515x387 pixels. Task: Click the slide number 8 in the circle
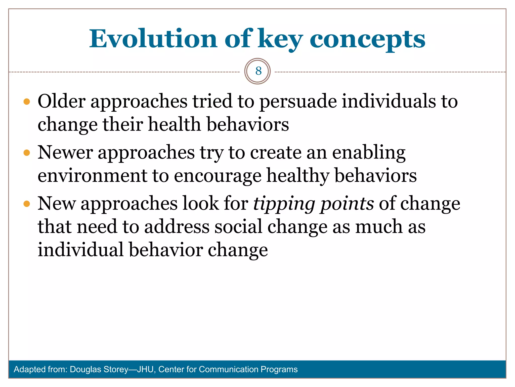(258, 71)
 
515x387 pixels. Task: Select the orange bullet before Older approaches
(27, 102)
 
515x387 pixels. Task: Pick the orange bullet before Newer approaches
(27, 153)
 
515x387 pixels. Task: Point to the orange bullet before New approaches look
(27, 204)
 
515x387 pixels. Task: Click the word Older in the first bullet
(62, 101)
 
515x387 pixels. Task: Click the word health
(175, 124)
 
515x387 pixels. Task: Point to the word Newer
(65, 153)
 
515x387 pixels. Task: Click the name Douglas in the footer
(85, 369)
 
